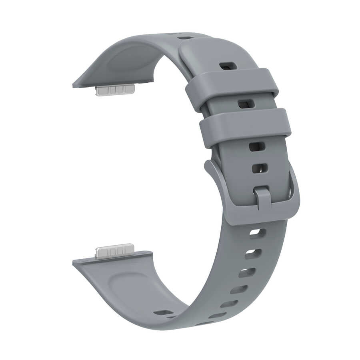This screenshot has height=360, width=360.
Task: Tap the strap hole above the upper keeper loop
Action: click(228, 66)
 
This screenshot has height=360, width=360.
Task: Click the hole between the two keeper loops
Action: click(246, 104)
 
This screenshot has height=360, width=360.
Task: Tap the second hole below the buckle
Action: click(253, 254)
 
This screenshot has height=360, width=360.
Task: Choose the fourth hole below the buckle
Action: click(239, 289)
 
